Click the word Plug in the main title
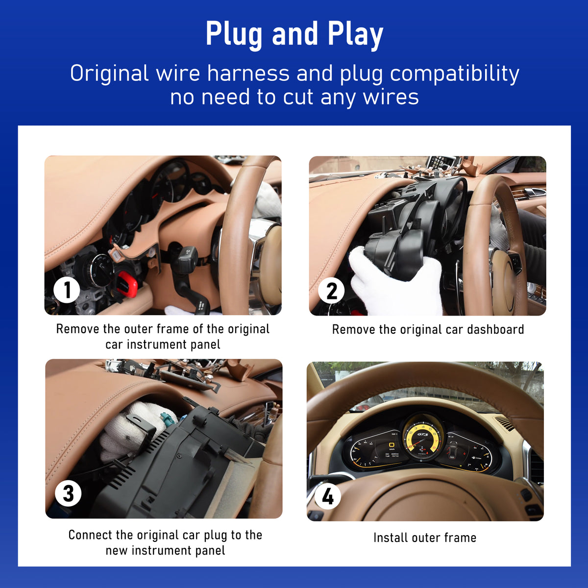[x=234, y=34]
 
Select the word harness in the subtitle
[x=248, y=73]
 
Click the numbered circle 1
[x=67, y=290]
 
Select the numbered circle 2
[x=331, y=290]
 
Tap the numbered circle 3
[x=68, y=493]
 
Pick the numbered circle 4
[x=327, y=496]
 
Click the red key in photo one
[x=127, y=283]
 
